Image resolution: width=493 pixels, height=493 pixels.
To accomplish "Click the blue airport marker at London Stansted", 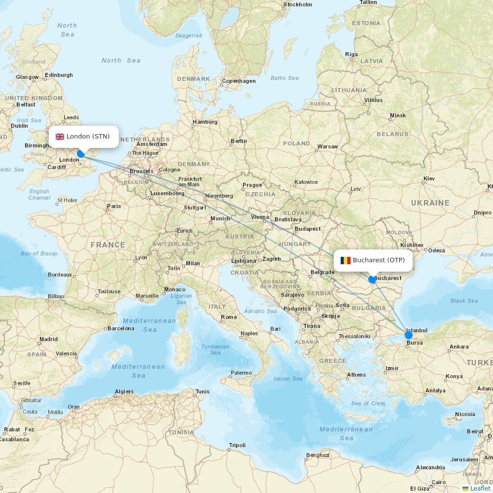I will (x=81, y=154).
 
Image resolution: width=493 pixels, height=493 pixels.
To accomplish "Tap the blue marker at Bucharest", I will (x=372, y=280).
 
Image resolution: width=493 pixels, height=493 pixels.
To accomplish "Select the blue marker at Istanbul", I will (x=408, y=335).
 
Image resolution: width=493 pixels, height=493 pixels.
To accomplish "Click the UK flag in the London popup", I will (x=60, y=137).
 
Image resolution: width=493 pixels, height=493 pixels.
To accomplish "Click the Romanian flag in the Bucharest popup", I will (x=346, y=260).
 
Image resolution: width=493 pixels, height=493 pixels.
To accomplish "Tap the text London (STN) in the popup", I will (x=88, y=137).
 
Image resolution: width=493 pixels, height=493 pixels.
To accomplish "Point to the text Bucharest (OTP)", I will (x=379, y=260).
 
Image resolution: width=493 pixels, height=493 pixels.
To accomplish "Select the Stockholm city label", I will (x=298, y=5).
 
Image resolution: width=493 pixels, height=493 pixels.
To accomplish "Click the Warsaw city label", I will (x=328, y=146).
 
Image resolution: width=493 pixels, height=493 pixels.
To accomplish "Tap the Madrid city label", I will (x=48, y=339).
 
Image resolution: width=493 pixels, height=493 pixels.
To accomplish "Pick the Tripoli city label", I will (x=237, y=445).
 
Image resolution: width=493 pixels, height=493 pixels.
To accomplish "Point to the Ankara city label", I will (x=459, y=347).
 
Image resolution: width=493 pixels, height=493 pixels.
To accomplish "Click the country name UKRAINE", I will (x=430, y=203).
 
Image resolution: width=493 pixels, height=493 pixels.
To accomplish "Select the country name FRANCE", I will (x=108, y=245).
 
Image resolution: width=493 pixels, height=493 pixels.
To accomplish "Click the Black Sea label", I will (x=464, y=301).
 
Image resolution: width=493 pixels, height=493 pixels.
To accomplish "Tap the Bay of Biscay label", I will (x=39, y=253).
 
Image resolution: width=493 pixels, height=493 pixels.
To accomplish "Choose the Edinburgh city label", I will (x=59, y=75).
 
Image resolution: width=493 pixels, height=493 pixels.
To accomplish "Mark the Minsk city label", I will (x=398, y=115).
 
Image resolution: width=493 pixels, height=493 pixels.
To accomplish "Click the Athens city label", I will (x=356, y=375).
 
